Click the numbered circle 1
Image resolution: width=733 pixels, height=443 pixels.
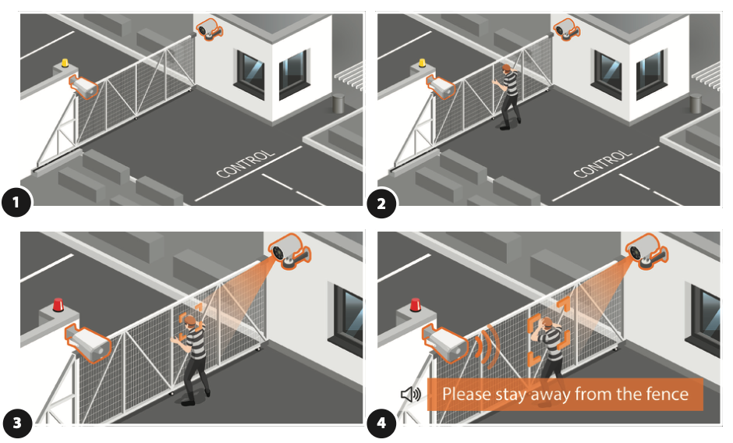(16, 203)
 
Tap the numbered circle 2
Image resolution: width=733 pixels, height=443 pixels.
(381, 204)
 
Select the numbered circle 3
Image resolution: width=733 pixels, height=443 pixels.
(17, 423)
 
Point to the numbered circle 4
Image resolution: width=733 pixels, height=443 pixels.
(381, 423)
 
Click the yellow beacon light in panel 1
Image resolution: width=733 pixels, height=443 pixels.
(65, 62)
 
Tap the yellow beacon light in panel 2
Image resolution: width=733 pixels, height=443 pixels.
(422, 62)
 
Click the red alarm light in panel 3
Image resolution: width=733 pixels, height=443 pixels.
(58, 305)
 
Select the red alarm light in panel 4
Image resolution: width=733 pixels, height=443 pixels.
(416, 305)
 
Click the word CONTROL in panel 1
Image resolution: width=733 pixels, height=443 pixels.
(245, 164)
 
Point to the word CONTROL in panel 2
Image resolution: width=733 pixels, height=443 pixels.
(603, 164)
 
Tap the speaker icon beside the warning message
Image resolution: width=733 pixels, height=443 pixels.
(411, 395)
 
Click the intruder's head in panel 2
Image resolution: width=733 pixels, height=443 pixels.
(506, 69)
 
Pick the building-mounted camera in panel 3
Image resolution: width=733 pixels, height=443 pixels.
(289, 250)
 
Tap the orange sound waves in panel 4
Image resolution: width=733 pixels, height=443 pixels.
(488, 346)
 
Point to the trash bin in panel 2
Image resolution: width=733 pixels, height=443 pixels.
(696, 104)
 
